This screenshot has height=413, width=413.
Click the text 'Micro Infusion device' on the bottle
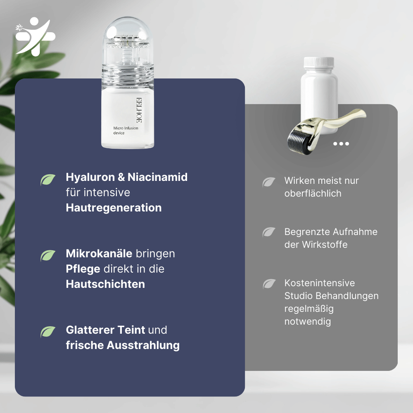(126, 131)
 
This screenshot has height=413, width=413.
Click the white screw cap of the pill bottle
(318, 63)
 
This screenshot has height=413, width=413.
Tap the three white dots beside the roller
(341, 144)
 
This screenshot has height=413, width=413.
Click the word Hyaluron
(90, 177)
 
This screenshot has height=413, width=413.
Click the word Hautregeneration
(114, 207)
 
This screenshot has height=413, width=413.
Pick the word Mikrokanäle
(99, 253)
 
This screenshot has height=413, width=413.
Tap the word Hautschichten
(105, 284)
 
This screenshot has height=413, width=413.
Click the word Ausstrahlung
(143, 345)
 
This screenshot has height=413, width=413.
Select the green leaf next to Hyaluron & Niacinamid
(48, 180)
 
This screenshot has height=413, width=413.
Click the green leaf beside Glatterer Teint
(48, 332)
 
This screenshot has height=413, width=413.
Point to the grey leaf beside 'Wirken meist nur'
(269, 182)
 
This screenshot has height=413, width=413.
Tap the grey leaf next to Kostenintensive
(269, 284)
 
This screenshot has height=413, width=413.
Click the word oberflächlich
(313, 193)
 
